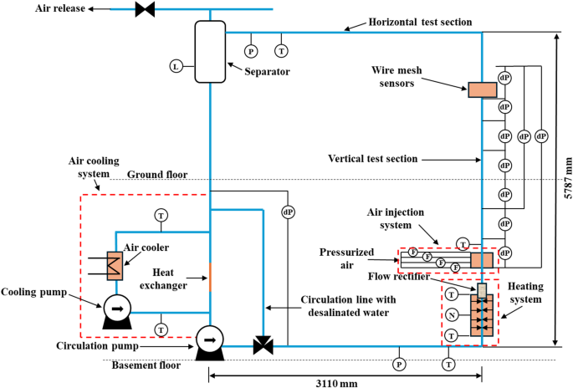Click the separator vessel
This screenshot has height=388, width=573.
pos(209,51)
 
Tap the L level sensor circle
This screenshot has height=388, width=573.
pos(176,66)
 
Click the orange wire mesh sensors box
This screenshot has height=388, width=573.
pos(482,89)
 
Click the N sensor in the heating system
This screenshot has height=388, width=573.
pos(452,315)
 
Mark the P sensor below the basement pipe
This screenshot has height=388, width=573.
pos(399,364)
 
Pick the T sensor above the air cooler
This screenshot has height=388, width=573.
pos(161,216)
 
